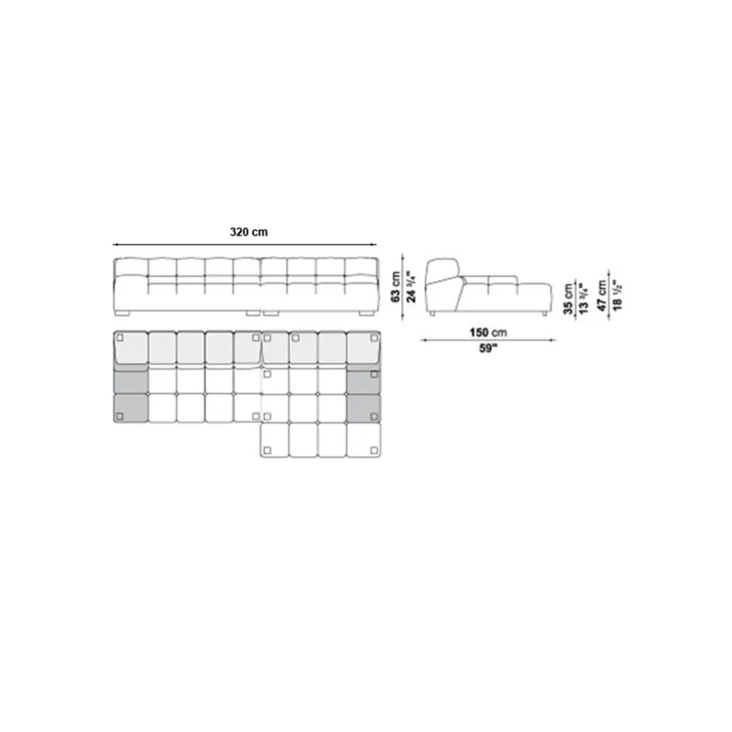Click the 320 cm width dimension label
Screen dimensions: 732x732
[x=249, y=232]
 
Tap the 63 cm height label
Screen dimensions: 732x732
[x=396, y=287]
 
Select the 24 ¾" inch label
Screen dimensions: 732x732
[x=411, y=287]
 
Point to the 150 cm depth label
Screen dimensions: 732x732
[x=488, y=332]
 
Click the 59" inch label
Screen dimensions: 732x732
[x=488, y=349]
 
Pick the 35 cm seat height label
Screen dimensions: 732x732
[x=568, y=299]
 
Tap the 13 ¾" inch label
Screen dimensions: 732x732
[x=584, y=298]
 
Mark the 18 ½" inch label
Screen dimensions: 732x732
[x=617, y=295]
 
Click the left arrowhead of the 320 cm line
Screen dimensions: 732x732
[x=115, y=244]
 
